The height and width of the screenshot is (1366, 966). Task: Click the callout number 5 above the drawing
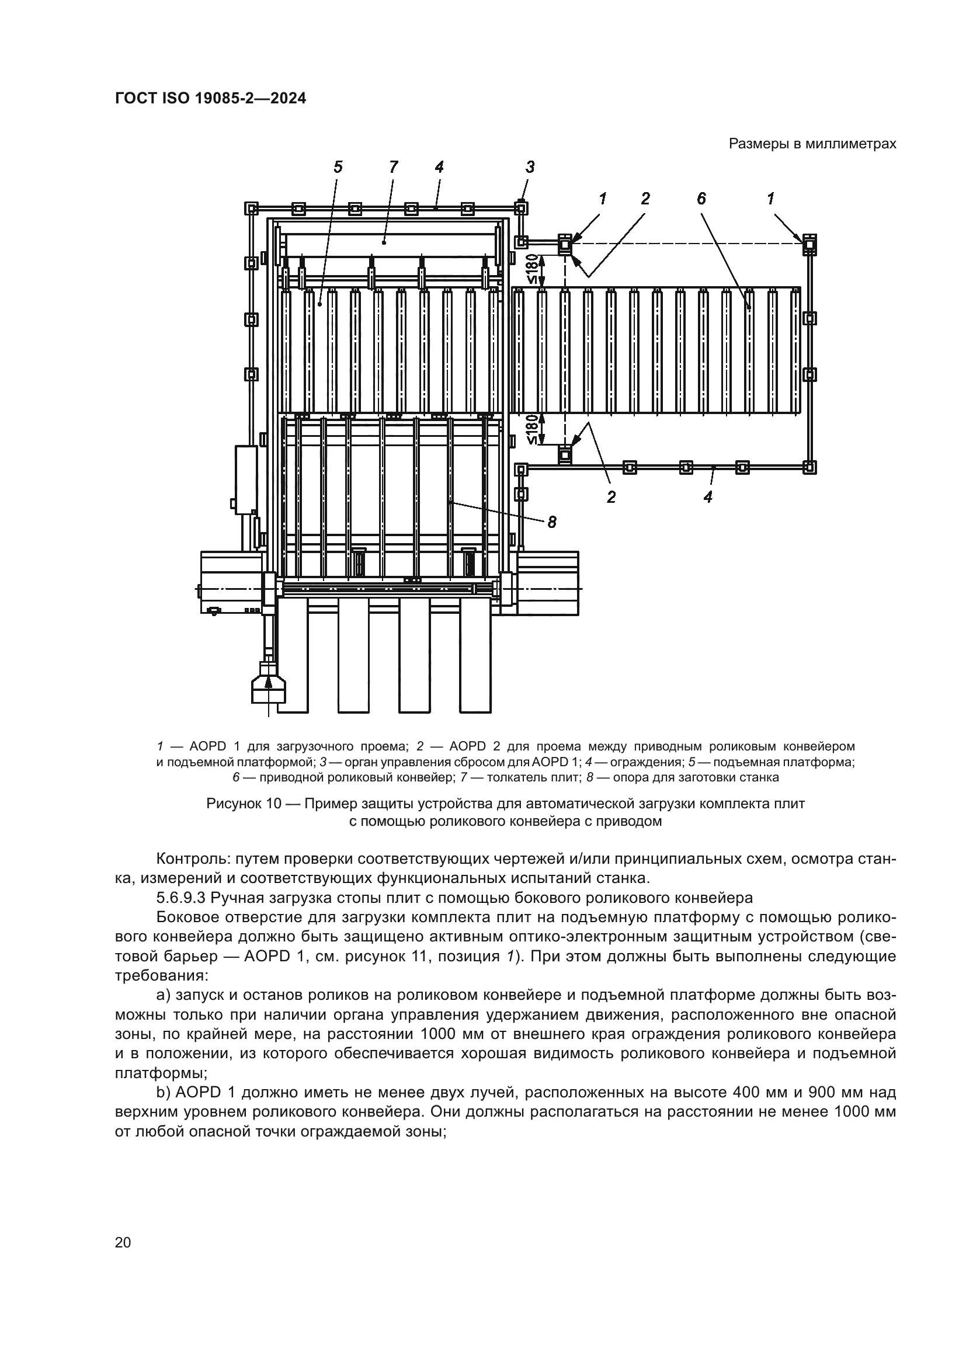click(338, 167)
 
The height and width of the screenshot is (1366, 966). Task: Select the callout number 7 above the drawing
click(393, 167)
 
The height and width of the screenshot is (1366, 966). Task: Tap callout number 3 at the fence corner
click(530, 167)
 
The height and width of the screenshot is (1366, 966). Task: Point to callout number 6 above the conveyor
click(701, 199)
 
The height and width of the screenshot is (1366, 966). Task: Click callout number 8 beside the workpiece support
click(552, 522)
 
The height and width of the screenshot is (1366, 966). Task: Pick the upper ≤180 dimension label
click(533, 268)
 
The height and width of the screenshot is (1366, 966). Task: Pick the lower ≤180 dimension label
click(533, 430)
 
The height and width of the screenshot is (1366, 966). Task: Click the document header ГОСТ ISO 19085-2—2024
click(211, 99)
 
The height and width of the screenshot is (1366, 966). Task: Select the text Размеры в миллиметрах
click(812, 144)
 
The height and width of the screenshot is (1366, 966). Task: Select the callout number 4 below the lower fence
click(708, 497)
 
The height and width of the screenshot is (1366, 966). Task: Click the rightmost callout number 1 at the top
click(771, 199)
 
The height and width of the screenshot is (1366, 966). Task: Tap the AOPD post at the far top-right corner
click(809, 244)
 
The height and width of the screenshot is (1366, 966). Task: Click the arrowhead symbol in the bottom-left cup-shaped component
click(268, 682)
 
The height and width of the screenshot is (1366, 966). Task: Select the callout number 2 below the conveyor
click(611, 497)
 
